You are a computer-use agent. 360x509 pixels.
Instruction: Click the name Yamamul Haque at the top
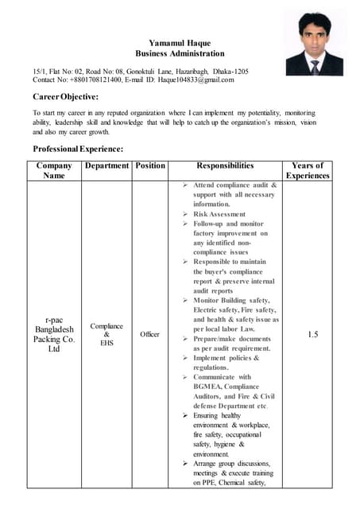pyautogui.click(x=180, y=41)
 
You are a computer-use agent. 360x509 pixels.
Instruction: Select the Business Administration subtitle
pyautogui.click(x=180, y=53)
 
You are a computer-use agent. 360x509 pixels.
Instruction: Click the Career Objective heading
pyautogui.click(x=65, y=97)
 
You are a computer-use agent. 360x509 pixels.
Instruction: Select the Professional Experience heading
pyautogui.click(x=78, y=149)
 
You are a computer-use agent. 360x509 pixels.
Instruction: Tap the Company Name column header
pyautogui.click(x=54, y=170)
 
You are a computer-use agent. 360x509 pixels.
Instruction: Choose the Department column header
pyautogui.click(x=106, y=165)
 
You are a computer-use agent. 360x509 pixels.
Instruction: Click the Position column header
pyautogui.click(x=149, y=165)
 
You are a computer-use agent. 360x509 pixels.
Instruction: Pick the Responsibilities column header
pyautogui.click(x=225, y=165)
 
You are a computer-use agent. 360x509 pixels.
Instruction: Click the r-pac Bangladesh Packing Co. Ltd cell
pyautogui.click(x=54, y=335)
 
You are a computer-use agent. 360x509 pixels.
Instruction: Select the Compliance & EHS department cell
pyautogui.click(x=106, y=335)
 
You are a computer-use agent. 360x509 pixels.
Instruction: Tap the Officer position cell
pyautogui.click(x=149, y=335)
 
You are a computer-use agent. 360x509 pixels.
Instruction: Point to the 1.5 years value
pyautogui.click(x=312, y=335)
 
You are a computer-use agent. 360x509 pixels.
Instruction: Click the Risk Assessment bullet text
pyautogui.click(x=219, y=214)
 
